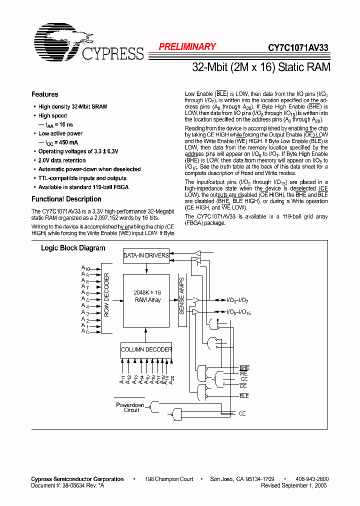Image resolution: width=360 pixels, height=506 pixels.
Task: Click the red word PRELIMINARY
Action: (x=187, y=46)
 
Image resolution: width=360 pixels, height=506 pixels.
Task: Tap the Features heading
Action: (x=44, y=94)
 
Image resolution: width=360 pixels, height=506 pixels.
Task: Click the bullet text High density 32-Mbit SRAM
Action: (x=72, y=106)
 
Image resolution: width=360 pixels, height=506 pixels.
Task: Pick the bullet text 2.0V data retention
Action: (x=62, y=160)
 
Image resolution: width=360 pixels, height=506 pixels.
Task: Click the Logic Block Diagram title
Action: (x=73, y=248)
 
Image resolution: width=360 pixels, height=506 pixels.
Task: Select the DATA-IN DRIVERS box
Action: (x=146, y=256)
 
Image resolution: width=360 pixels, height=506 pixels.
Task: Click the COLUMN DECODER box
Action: (x=146, y=349)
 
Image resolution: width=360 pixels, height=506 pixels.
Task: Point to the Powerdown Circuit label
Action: (x=130, y=407)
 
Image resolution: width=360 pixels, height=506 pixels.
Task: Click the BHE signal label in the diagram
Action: (x=244, y=368)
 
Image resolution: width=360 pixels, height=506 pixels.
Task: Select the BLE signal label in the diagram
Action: (x=244, y=396)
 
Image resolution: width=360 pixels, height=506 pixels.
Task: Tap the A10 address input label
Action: (x=85, y=268)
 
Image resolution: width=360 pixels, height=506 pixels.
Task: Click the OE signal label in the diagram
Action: (x=243, y=386)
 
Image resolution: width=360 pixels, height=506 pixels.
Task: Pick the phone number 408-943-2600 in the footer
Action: (x=312, y=479)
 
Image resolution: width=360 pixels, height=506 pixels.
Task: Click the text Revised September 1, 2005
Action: (x=294, y=485)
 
